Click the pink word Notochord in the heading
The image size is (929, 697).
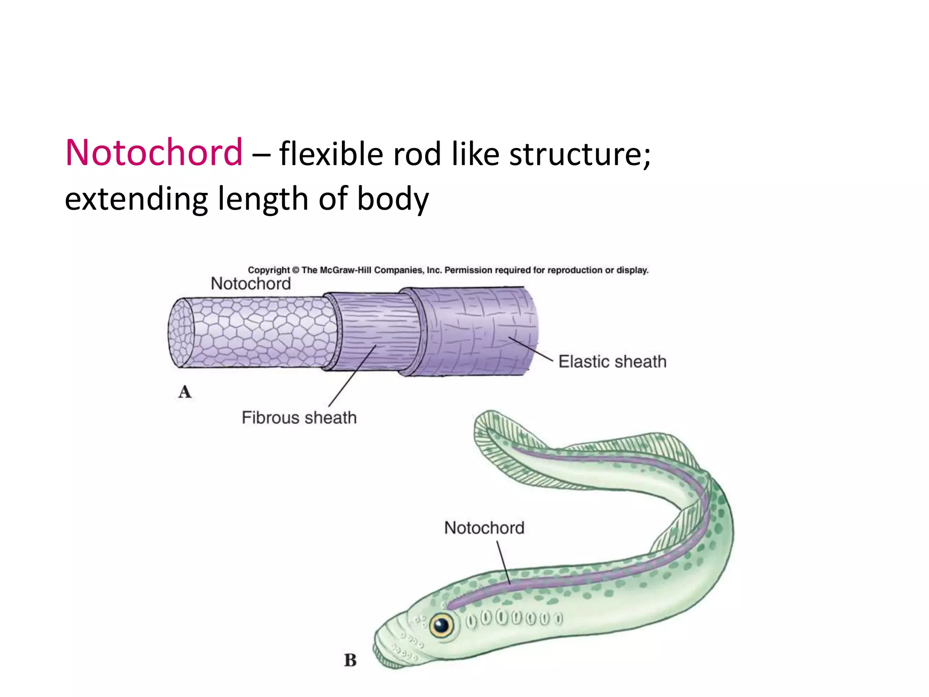[154, 152]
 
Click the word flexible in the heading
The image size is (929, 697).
[331, 153]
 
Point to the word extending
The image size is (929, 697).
[136, 200]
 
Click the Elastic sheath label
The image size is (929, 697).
[612, 362]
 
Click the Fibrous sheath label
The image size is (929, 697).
[299, 417]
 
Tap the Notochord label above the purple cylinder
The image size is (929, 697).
[250, 284]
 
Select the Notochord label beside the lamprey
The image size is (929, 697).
[484, 528]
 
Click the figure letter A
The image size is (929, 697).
[185, 392]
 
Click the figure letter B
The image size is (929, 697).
[350, 660]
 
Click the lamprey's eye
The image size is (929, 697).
[441, 626]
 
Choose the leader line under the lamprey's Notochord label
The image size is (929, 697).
[504, 563]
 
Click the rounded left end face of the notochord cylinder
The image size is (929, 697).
[181, 333]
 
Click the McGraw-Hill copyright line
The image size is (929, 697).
[448, 270]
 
